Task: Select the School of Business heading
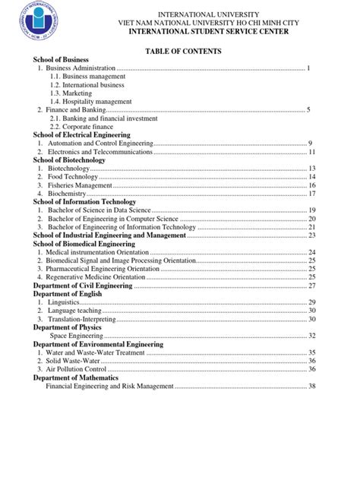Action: [61, 59]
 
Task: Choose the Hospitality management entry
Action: [88, 102]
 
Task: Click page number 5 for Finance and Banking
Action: [309, 110]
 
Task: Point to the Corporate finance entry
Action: [87, 127]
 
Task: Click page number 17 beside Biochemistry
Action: [311, 194]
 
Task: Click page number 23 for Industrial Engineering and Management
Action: [311, 235]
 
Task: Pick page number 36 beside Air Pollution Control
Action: [311, 369]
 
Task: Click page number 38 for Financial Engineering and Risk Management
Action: [311, 386]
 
